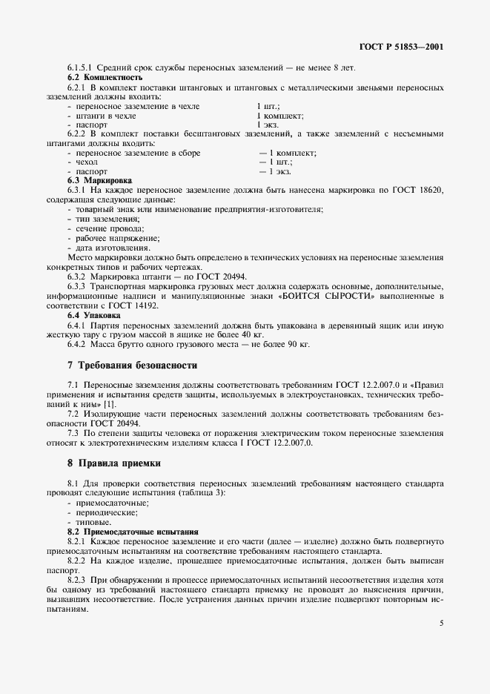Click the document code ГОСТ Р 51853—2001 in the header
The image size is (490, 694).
click(401, 47)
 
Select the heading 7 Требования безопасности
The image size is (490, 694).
click(132, 365)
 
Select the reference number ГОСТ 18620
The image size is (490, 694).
click(419, 191)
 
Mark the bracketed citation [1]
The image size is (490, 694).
click(109, 404)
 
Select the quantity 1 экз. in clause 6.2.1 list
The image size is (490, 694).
click(268, 125)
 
